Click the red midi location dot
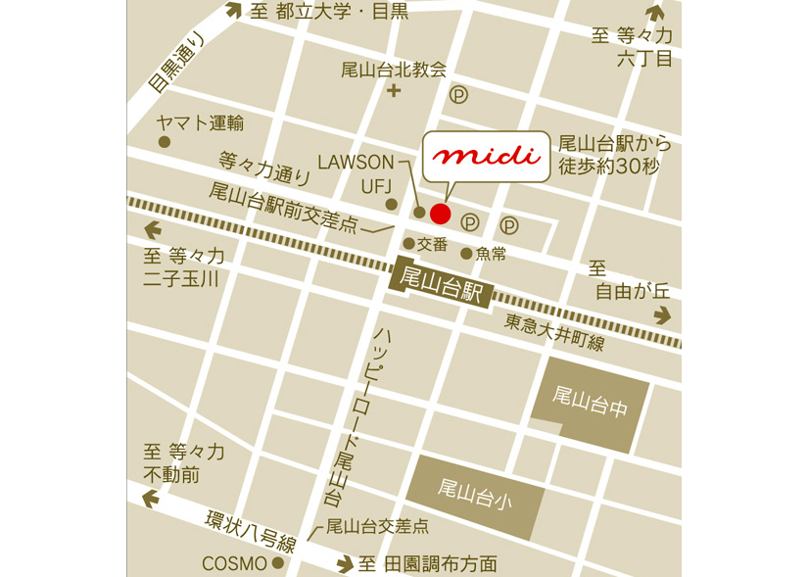pos(441,214)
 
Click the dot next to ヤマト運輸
pos(165,142)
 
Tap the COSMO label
pos(234,563)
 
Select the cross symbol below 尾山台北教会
pos(395,93)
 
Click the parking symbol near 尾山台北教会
pos(458,95)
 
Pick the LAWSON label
pos(356,162)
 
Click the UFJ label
pos(376,185)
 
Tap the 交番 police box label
pos(432,244)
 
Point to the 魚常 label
pos(491,253)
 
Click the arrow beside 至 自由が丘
pos(663,314)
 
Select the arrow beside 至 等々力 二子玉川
pos(154,231)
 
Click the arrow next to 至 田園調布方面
pos(344,564)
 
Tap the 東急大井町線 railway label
pos(554,330)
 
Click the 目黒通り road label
pos(176,63)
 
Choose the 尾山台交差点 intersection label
pos(377,526)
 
